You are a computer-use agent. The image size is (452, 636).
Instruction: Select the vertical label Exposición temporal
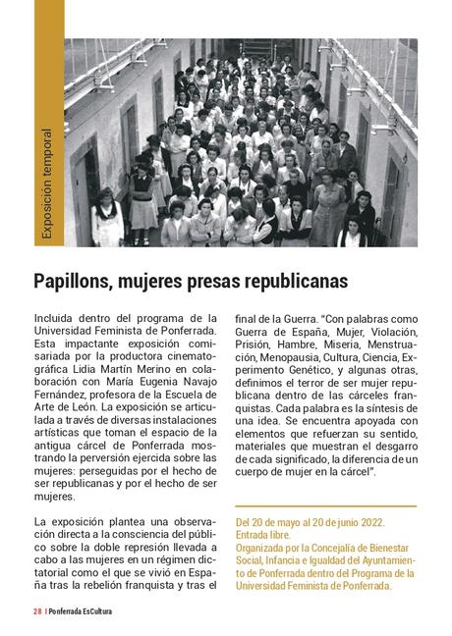pos(46,185)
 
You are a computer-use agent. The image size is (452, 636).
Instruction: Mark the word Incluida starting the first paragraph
pos(58,318)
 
